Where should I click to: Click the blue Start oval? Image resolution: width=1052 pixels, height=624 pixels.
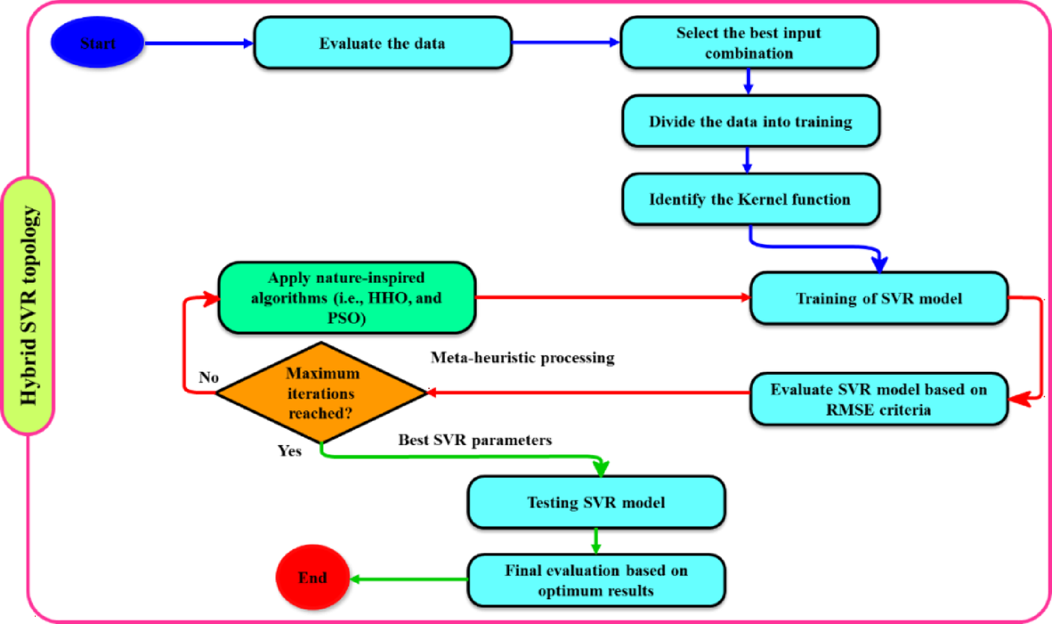[x=96, y=43]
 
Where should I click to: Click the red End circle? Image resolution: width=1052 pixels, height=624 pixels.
[x=313, y=578]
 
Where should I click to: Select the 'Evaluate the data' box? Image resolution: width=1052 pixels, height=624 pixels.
[x=382, y=43]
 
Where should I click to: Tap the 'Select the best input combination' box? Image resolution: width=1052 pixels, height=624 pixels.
[x=748, y=43]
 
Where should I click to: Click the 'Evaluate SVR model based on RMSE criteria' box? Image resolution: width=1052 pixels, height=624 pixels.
[x=879, y=400]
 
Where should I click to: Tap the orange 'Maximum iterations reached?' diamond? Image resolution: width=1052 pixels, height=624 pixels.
[x=320, y=392]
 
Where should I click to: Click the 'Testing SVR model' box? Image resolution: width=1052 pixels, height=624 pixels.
[x=596, y=502]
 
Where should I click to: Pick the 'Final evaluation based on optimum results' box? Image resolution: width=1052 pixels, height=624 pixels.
[x=596, y=580]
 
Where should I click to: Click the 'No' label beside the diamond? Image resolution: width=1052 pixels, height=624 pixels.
[x=208, y=378]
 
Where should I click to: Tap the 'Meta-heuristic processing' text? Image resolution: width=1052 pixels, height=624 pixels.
[x=523, y=358]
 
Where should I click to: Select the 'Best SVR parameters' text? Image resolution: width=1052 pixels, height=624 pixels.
[x=475, y=441]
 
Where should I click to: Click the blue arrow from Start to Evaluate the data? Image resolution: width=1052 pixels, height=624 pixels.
[x=198, y=43]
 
